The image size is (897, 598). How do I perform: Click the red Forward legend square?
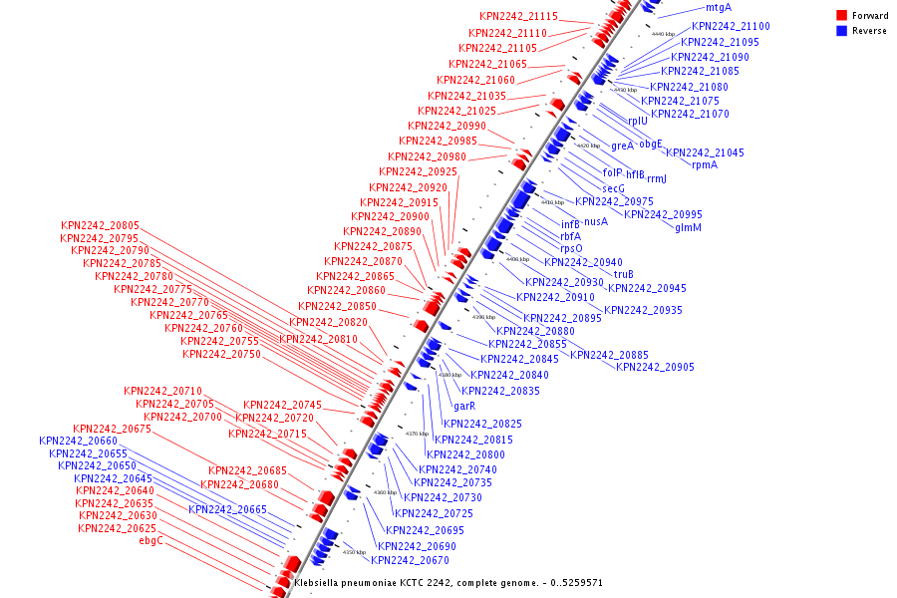tap(842, 16)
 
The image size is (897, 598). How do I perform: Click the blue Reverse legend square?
tap(842, 31)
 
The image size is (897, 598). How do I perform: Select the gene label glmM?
tap(688, 227)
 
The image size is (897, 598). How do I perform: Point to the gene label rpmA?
tap(705, 164)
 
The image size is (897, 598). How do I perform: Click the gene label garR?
tap(464, 406)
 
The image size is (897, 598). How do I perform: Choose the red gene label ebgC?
tap(150, 540)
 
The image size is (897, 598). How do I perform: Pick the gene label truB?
tap(624, 274)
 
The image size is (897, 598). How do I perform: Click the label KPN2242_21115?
tap(518, 17)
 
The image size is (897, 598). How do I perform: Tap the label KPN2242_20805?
tap(100, 226)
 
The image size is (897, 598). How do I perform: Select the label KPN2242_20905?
tap(655, 367)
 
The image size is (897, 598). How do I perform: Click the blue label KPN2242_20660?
tap(79, 441)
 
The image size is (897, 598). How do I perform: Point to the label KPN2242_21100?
tap(731, 26)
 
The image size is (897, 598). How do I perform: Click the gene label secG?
tap(613, 188)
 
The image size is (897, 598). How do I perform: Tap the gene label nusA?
tap(595, 221)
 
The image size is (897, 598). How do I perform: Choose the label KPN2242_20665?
tap(227, 509)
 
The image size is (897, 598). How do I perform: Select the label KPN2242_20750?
tap(221, 354)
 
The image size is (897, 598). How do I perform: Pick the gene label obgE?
tap(651, 144)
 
